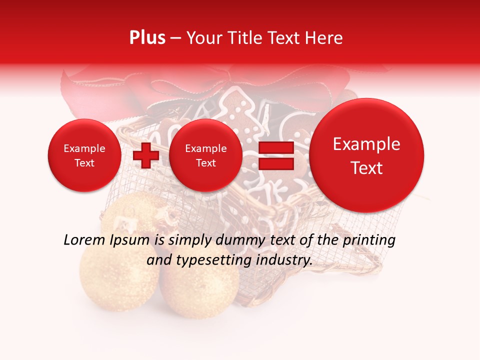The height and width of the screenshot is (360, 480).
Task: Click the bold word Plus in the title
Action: click(147, 38)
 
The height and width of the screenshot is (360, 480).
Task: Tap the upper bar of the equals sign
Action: click(276, 148)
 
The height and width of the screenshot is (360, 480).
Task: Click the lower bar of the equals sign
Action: click(276, 164)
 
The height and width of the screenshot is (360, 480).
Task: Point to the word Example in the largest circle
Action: click(366, 144)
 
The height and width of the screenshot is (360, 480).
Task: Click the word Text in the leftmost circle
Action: click(84, 163)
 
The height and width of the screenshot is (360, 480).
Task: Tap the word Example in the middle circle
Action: click(205, 148)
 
